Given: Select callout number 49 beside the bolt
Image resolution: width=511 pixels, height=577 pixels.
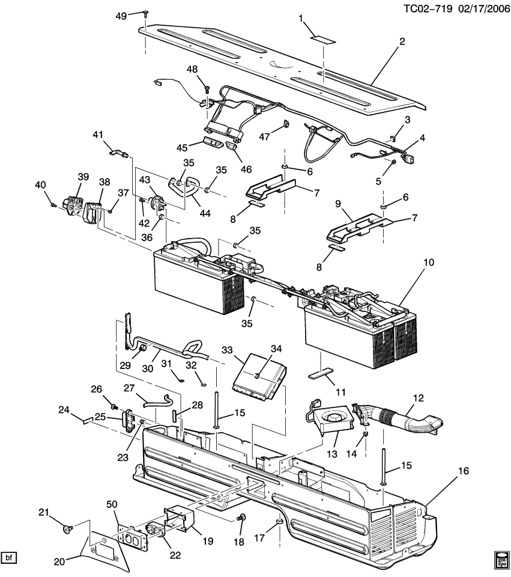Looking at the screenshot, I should coord(121,16).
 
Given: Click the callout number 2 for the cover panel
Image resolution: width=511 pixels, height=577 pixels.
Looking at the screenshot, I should coord(402,41).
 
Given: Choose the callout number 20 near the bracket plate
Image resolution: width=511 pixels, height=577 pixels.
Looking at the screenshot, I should coord(59,561).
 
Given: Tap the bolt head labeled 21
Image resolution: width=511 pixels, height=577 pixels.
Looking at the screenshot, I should coord(68,530).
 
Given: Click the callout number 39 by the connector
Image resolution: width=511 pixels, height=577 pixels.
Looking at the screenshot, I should coord(83,176).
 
